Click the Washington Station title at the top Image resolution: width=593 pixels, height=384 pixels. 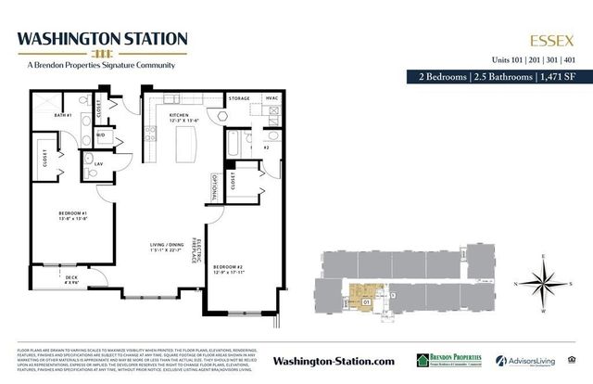[103, 38]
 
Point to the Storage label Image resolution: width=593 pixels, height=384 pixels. [240, 97]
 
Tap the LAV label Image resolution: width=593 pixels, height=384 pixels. [98, 164]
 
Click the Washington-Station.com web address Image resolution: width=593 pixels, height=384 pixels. [334, 360]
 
